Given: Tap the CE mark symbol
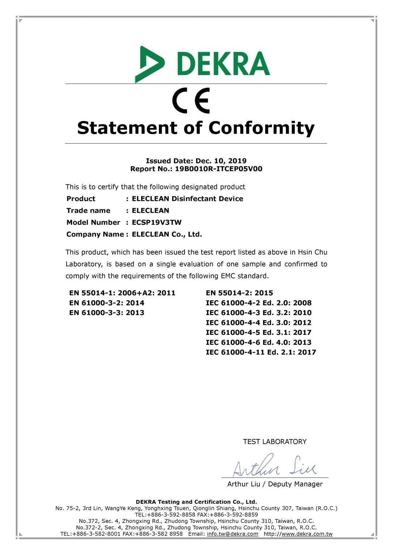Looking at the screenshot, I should click(191, 101).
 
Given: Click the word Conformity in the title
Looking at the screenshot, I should click(261, 128).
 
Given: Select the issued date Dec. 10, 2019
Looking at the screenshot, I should click(221, 161).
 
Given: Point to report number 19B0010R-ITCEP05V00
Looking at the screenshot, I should click(219, 169).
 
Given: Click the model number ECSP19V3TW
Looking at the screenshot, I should click(157, 222).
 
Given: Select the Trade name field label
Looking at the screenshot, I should click(88, 210).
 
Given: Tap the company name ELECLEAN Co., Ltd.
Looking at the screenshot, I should click(167, 234).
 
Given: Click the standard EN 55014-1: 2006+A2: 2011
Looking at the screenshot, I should click(122, 293).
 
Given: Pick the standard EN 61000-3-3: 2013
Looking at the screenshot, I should click(107, 313).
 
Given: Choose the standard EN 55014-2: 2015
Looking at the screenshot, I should click(239, 293).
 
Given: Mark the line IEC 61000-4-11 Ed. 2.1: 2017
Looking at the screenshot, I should click(261, 352).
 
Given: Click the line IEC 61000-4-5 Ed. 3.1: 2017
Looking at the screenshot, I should click(258, 332).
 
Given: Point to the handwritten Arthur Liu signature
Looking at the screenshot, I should click(274, 467).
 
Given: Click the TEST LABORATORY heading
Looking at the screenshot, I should click(275, 442).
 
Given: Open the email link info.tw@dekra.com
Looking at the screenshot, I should click(233, 534).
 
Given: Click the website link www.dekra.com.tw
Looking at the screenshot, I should click(307, 534).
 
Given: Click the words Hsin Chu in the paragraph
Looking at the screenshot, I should click(313, 252).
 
